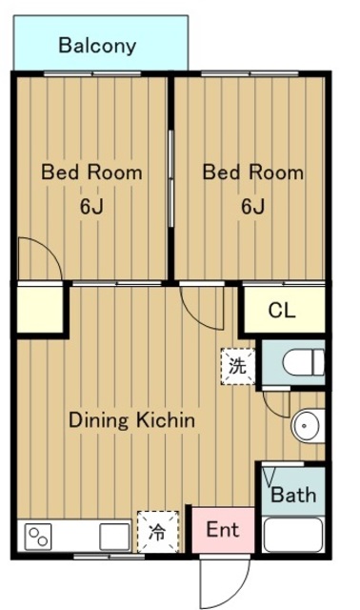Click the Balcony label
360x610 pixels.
pyautogui.click(x=97, y=47)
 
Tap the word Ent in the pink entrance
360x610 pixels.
pyautogui.click(x=223, y=529)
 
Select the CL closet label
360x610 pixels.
pyautogui.click(x=282, y=311)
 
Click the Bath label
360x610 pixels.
pyautogui.click(x=293, y=495)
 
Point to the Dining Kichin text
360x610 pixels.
pyautogui.click(x=131, y=420)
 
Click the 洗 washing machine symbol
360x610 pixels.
pyautogui.click(x=237, y=366)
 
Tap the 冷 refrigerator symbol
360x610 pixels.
pyautogui.click(x=158, y=532)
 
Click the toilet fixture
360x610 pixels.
pyautogui.click(x=304, y=362)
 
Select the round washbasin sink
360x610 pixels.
pyautogui.click(x=308, y=426)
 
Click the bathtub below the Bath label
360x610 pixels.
pyautogui.click(x=293, y=535)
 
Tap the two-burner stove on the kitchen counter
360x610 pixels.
pyautogui.click(x=38, y=538)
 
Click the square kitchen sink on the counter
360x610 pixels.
pyautogui.click(x=114, y=537)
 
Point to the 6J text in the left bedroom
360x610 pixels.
pyautogui.click(x=91, y=206)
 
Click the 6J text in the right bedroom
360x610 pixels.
pyautogui.click(x=252, y=206)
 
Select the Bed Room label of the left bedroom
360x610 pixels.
pyautogui.click(x=91, y=173)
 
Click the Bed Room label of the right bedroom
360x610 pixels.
pyautogui.click(x=253, y=173)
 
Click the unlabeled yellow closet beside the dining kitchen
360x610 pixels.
pyautogui.click(x=40, y=310)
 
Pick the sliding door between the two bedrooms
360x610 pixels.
pyautogui.click(x=170, y=178)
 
